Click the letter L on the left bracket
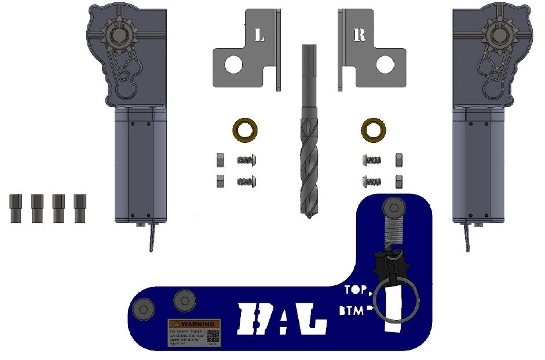point(259,35)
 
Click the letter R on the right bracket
point(359,35)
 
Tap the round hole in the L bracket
point(233,64)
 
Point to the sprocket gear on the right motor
point(496,35)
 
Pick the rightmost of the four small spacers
point(80,208)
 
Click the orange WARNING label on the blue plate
point(194,324)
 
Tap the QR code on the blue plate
point(213,336)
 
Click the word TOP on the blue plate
point(355,291)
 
